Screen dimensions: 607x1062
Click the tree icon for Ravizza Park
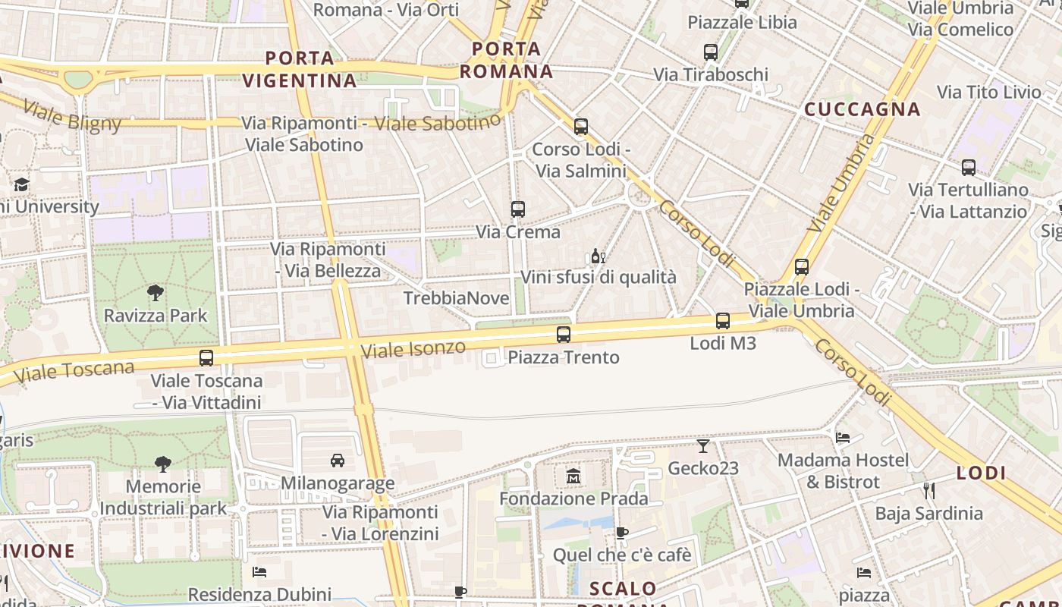click(155, 292)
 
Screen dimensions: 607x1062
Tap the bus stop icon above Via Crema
click(518, 209)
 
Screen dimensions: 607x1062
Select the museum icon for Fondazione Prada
click(573, 476)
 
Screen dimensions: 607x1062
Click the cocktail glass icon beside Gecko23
click(703, 445)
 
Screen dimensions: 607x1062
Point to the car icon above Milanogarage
click(338, 460)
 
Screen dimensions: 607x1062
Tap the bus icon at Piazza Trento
click(564, 334)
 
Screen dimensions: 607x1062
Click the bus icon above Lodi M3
click(723, 320)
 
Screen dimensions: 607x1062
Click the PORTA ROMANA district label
click(507, 61)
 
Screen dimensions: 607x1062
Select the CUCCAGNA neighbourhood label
click(862, 109)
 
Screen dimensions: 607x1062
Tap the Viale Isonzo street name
click(413, 349)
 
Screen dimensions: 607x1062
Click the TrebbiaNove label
click(456, 298)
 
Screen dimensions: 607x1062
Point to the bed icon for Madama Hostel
click(842, 437)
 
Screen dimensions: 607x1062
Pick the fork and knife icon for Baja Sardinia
click(929, 490)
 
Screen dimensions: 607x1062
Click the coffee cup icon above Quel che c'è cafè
click(621, 533)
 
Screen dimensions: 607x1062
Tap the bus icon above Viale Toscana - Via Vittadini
click(206, 357)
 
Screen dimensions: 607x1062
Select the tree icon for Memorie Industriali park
click(162, 464)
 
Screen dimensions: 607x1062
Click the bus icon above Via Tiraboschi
click(711, 52)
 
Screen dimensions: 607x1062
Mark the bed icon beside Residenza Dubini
click(259, 572)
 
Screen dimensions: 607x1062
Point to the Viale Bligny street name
click(72, 115)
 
